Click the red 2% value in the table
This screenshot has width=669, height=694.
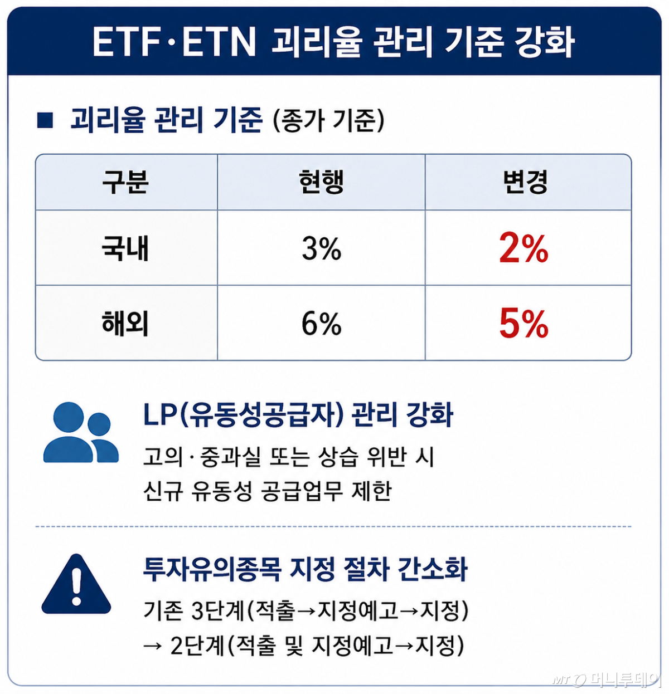(523, 248)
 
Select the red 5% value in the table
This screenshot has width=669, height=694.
(523, 323)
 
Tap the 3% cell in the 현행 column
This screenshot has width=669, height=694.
(321, 248)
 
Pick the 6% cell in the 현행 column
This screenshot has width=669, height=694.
(321, 324)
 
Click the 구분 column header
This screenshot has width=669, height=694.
(125, 182)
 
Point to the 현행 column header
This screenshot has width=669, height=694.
(321, 182)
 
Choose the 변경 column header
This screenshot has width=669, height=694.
(525, 182)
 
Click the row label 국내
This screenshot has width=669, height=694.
(125, 248)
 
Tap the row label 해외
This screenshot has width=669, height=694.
(125, 324)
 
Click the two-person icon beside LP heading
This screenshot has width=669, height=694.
(81, 432)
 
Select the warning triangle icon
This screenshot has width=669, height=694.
(76, 584)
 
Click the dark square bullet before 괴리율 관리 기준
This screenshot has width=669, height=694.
(45, 120)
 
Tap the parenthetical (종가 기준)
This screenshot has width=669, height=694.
(328, 120)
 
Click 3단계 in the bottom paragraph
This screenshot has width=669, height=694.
(217, 611)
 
